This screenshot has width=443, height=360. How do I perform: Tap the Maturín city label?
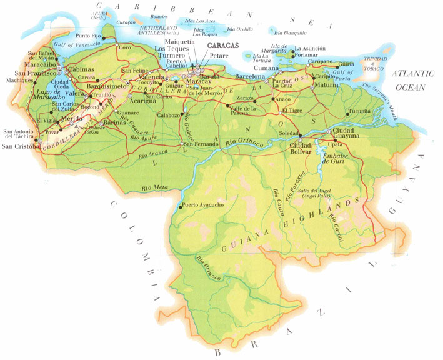326,84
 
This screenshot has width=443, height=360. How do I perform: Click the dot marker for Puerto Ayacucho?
180,208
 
